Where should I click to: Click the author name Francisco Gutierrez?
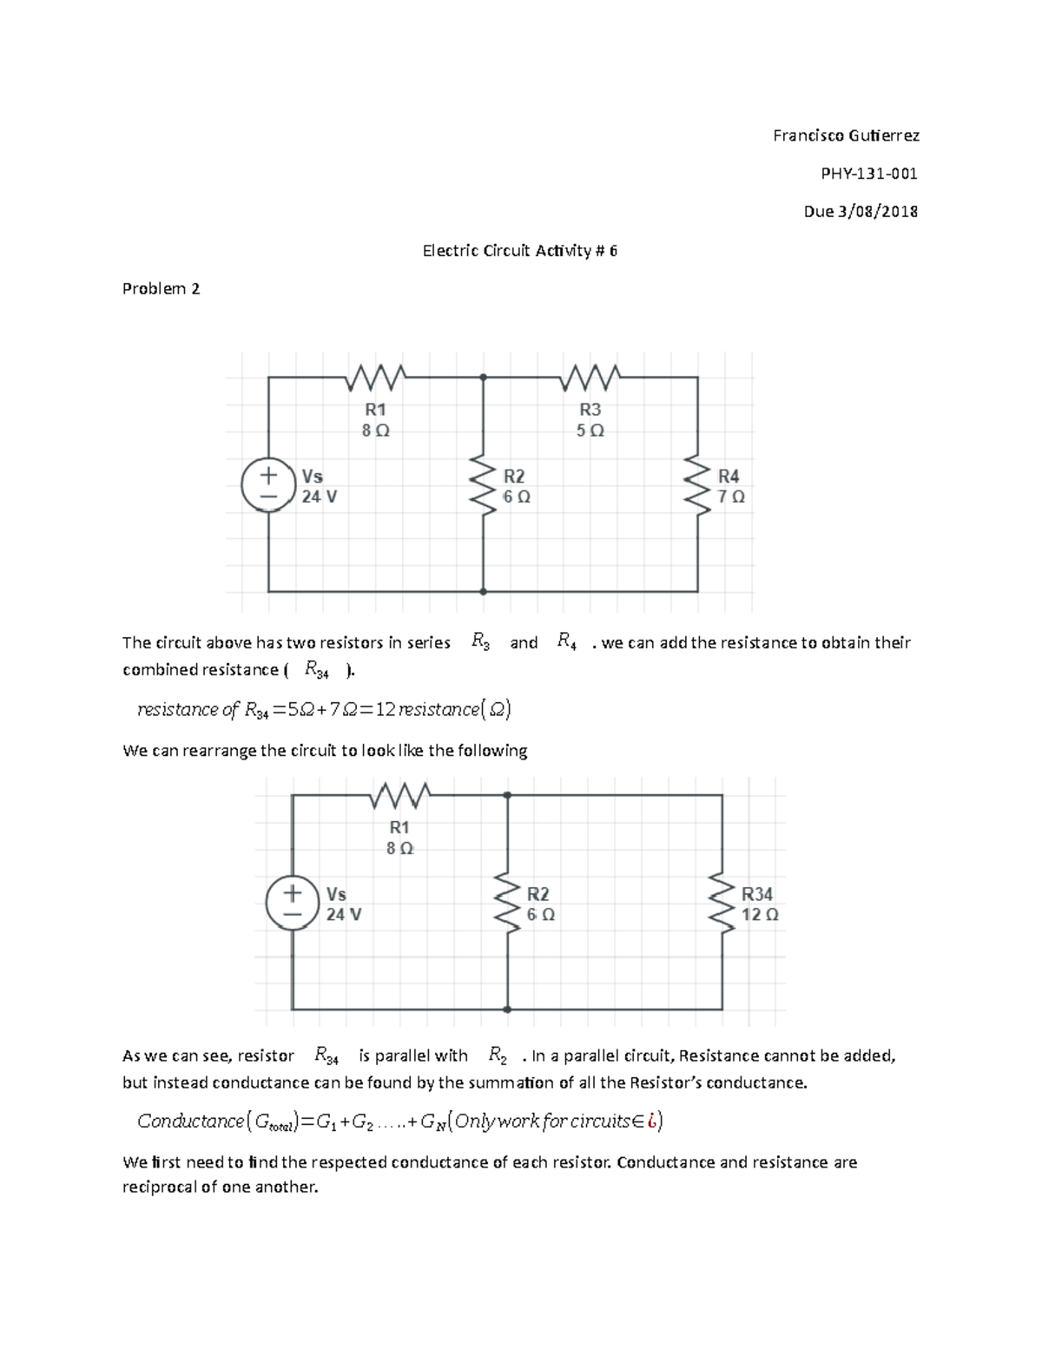(x=846, y=135)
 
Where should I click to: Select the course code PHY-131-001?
(x=869, y=174)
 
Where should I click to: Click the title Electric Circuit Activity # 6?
(x=520, y=251)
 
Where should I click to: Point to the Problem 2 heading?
(x=162, y=289)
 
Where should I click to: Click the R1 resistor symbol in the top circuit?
(x=375, y=378)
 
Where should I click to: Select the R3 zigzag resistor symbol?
(x=590, y=378)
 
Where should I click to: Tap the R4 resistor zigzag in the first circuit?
(x=697, y=484)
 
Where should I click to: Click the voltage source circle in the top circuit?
(x=268, y=485)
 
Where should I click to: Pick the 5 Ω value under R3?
(x=590, y=431)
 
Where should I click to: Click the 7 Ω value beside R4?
(x=731, y=497)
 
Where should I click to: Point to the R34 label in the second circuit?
(x=756, y=894)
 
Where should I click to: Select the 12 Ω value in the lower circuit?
(x=759, y=915)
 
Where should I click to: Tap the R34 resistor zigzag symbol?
(x=722, y=902)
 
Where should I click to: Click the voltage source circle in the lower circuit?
(x=292, y=903)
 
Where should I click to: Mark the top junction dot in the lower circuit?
(x=507, y=794)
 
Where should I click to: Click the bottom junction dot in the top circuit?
(x=483, y=591)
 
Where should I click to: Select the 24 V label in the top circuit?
(x=320, y=497)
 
